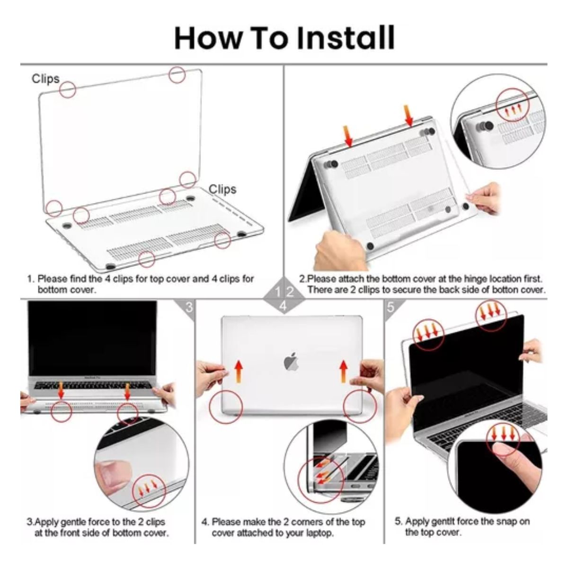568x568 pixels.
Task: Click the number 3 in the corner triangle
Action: (189, 308)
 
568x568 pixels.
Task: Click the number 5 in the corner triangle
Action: (390, 307)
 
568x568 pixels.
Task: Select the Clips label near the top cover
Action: (45, 79)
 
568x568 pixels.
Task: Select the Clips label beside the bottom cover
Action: (222, 189)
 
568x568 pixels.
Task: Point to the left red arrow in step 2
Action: (349, 135)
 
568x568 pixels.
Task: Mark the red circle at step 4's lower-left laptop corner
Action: (226, 407)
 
